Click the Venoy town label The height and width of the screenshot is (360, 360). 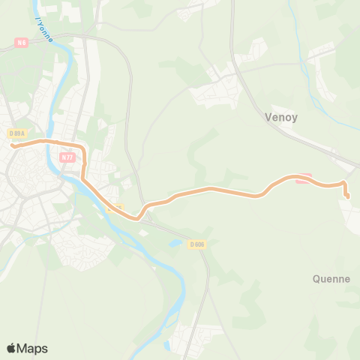pyautogui.click(x=283, y=117)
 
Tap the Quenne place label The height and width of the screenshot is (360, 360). pyautogui.click(x=331, y=279)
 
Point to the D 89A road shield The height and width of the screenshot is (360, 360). pyautogui.click(x=17, y=133)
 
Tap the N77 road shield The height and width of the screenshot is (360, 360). pyautogui.click(x=67, y=158)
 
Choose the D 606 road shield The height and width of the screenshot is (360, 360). pyautogui.click(x=197, y=244)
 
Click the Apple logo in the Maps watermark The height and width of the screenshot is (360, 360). pyautogui.click(x=12, y=348)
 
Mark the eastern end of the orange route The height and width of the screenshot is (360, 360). pyautogui.click(x=347, y=196)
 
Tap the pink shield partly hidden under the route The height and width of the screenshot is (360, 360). pyautogui.click(x=302, y=178)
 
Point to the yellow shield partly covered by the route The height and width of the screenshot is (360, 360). pyautogui.click(x=113, y=208)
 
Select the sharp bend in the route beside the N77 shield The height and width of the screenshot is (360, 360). pyautogui.click(x=84, y=150)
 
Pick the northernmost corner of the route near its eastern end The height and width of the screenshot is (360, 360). pyautogui.click(x=343, y=182)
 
